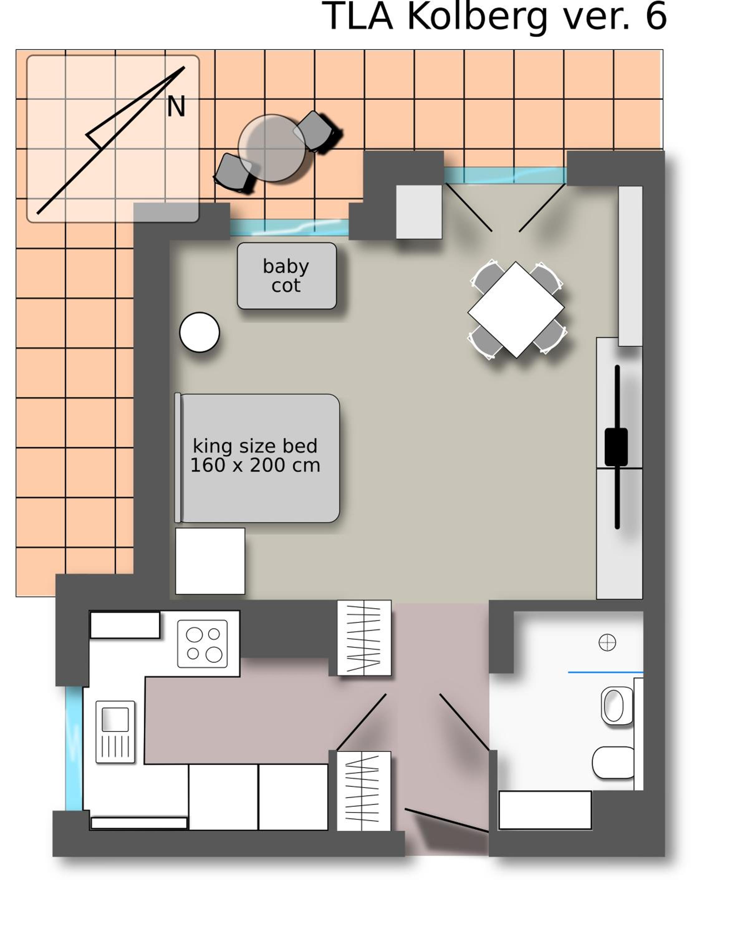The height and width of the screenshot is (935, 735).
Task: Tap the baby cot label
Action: [x=286, y=276]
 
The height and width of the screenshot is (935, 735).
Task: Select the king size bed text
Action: [x=255, y=446]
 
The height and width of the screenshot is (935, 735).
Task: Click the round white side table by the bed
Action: [x=200, y=332]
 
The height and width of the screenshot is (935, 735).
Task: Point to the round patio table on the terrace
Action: [x=272, y=148]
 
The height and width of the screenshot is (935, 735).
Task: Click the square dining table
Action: [x=516, y=310]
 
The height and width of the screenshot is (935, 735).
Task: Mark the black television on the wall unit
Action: [x=617, y=447]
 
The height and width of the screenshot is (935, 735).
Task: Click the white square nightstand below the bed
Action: [x=210, y=561]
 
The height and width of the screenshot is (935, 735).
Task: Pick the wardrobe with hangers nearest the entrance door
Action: [x=364, y=791]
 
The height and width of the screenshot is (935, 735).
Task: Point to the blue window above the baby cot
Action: [x=289, y=228]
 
